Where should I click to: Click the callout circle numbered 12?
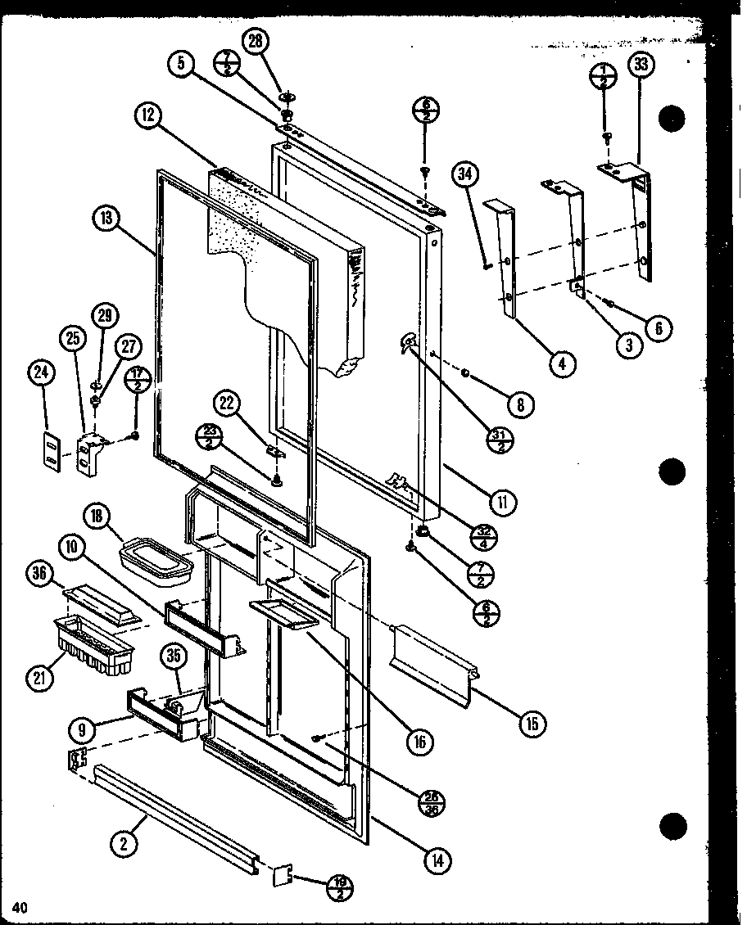coord(147,116)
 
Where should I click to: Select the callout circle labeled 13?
coord(106,219)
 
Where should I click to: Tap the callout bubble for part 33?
coord(641,66)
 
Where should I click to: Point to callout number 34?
coord(467,174)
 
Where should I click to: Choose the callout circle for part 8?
coord(520,403)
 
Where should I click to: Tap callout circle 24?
coord(40,373)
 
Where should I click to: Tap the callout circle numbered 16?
coord(419,741)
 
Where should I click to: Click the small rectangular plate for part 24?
coord(51,451)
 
